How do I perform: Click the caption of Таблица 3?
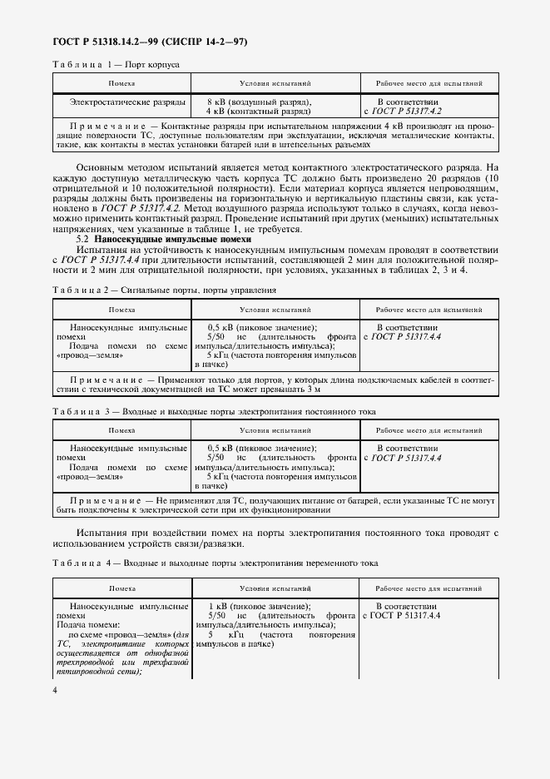pos(214,411)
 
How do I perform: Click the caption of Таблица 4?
pos(215,563)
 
